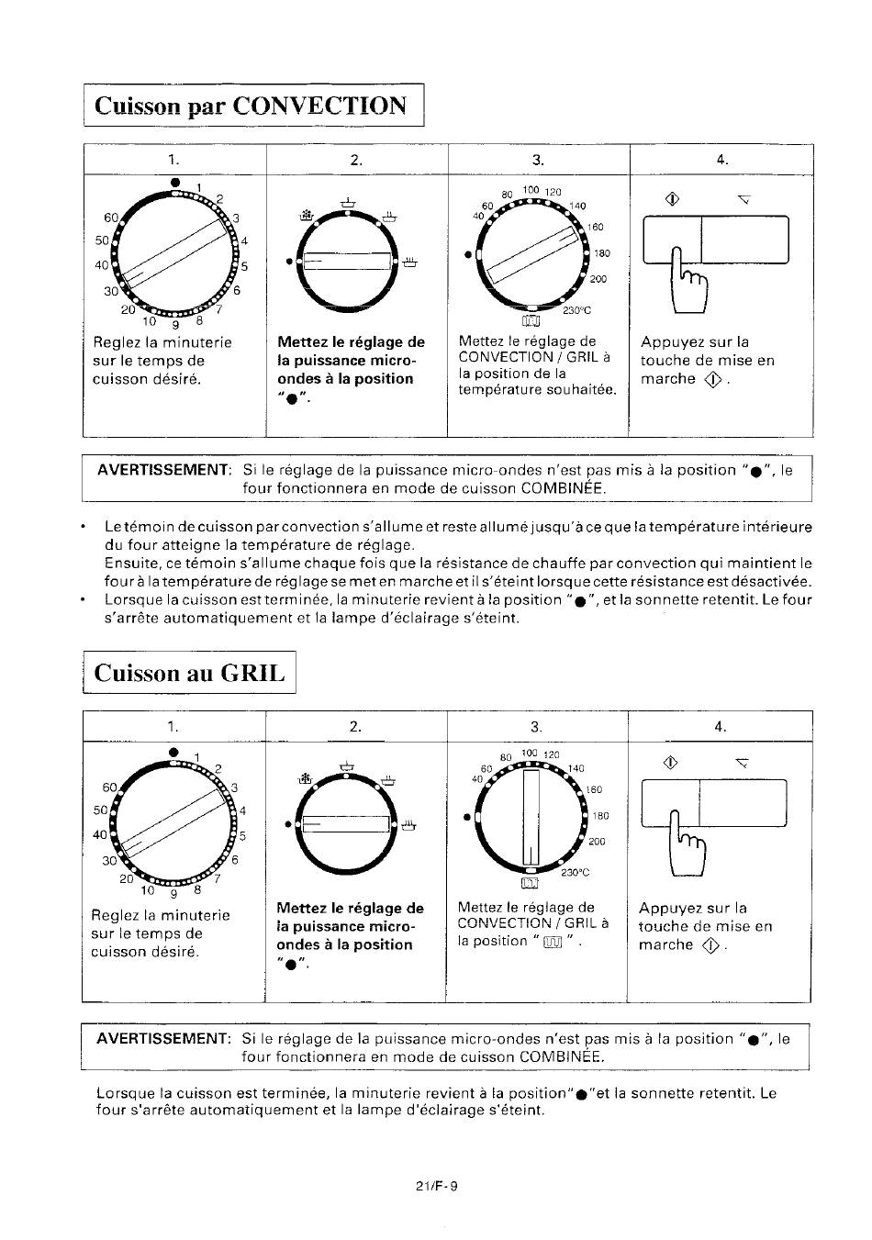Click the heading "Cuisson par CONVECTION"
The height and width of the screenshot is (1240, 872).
tap(251, 106)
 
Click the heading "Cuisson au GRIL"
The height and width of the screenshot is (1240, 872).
tap(189, 673)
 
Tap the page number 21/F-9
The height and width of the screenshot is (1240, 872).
tap(437, 1186)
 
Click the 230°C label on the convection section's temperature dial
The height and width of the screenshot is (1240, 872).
tap(577, 310)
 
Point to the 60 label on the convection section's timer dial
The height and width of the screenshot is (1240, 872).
tap(111, 218)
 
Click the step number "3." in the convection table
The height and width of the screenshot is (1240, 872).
tap(538, 160)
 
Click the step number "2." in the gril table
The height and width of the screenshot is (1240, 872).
tap(355, 726)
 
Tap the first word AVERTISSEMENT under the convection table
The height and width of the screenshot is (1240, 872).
tap(163, 470)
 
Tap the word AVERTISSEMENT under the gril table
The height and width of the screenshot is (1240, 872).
tap(162, 1038)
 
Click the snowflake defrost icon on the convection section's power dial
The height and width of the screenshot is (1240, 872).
tap(307, 216)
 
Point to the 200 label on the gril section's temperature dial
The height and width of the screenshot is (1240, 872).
tap(597, 842)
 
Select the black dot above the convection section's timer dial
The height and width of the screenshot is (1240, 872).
tap(175, 182)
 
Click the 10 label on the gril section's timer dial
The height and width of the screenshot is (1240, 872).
tap(147, 890)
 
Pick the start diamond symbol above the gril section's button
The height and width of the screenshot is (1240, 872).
tap(670, 763)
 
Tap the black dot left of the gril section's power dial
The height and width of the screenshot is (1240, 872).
tap(288, 824)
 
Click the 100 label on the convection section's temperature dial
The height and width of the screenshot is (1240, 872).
tap(531, 190)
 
